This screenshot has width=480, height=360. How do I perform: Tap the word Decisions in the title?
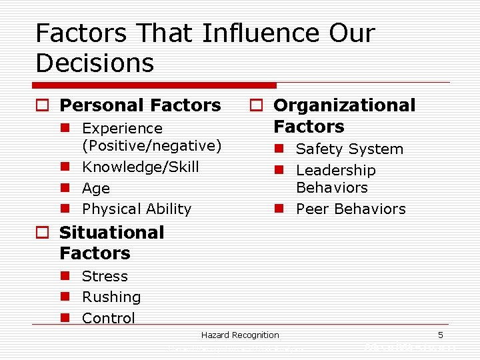click(95, 63)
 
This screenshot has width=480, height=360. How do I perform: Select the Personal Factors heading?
click(140, 105)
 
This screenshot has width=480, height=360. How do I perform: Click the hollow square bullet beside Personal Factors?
click(43, 106)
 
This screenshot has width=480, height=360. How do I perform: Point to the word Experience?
click(122, 128)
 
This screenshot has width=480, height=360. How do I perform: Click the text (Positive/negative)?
click(151, 145)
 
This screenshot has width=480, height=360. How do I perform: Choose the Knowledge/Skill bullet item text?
click(140, 167)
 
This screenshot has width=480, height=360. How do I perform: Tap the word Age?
click(96, 188)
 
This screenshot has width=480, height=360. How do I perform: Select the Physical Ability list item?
click(136, 209)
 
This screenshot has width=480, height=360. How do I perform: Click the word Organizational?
click(344, 105)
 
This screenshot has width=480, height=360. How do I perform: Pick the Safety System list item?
click(349, 149)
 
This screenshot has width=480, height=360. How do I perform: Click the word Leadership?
click(335, 171)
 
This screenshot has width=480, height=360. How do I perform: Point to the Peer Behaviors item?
click(351, 209)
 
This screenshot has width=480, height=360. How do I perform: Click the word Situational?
click(111, 233)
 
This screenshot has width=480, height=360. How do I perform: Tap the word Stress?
click(105, 276)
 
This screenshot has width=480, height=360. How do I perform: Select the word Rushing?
click(111, 297)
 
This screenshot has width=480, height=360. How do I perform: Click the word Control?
click(108, 318)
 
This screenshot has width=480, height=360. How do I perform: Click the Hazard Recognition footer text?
click(240, 335)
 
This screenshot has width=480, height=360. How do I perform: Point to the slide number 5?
click(440, 335)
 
